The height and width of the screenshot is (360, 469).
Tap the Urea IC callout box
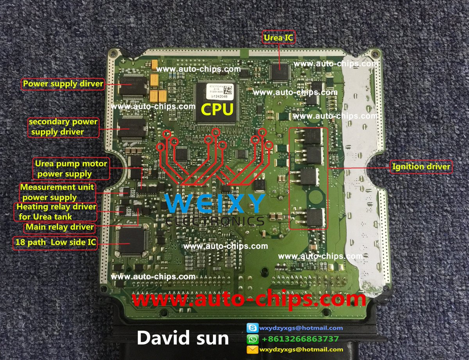[x=278, y=38]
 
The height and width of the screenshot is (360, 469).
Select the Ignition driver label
[x=421, y=167]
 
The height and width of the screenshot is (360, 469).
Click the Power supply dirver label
[x=63, y=84]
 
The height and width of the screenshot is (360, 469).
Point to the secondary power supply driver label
[x=63, y=127]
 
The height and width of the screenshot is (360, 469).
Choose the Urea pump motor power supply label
[x=64, y=168]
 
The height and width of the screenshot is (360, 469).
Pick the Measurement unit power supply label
[x=57, y=192]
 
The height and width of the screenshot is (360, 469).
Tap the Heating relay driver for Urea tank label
[x=56, y=211]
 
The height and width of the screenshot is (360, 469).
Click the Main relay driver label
[x=59, y=227]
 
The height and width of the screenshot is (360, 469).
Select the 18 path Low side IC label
[x=55, y=243]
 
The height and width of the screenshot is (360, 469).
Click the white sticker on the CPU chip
[x=217, y=91]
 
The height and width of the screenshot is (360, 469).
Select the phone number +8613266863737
[x=300, y=339]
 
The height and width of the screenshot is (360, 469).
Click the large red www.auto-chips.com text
[x=249, y=299]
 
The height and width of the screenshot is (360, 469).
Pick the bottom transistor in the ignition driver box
[x=314, y=218]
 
